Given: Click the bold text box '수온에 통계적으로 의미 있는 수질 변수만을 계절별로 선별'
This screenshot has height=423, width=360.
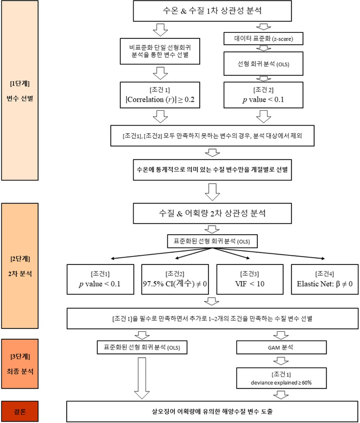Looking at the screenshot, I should [x=211, y=171].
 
